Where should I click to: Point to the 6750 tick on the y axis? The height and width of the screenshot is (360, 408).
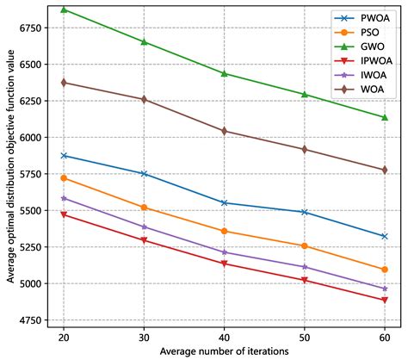point(32,28)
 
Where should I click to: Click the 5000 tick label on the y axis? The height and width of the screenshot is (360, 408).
point(32,283)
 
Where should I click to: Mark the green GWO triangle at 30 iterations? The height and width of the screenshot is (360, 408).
point(144,41)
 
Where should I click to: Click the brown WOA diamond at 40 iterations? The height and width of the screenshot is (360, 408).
point(224,131)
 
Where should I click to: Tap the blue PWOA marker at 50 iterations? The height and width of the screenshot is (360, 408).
point(304,212)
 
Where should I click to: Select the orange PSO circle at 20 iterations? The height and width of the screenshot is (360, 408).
point(64,177)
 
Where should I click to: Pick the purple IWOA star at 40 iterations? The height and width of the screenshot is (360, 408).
point(224,252)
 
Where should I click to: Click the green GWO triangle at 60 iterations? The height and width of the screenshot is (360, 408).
point(384,117)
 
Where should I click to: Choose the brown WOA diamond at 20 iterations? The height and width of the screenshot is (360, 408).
point(64,83)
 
